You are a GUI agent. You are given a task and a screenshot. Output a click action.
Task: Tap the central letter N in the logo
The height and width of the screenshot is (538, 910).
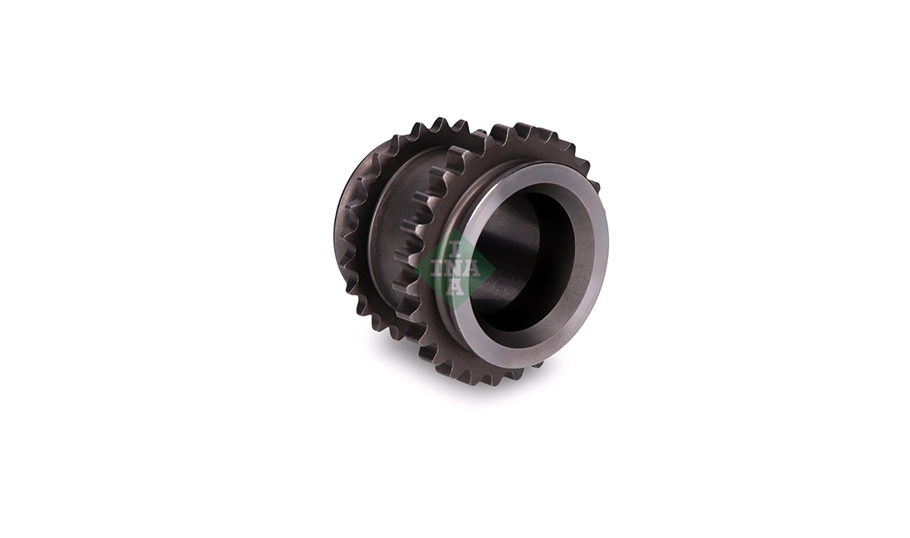tap(456, 269)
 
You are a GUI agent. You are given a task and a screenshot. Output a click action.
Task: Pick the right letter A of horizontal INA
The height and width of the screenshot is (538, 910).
tap(472, 269)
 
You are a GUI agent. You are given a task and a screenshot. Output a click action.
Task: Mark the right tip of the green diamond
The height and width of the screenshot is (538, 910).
tap(495, 269)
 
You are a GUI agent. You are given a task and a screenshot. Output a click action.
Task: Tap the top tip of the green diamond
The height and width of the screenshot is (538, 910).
tap(456, 230)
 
